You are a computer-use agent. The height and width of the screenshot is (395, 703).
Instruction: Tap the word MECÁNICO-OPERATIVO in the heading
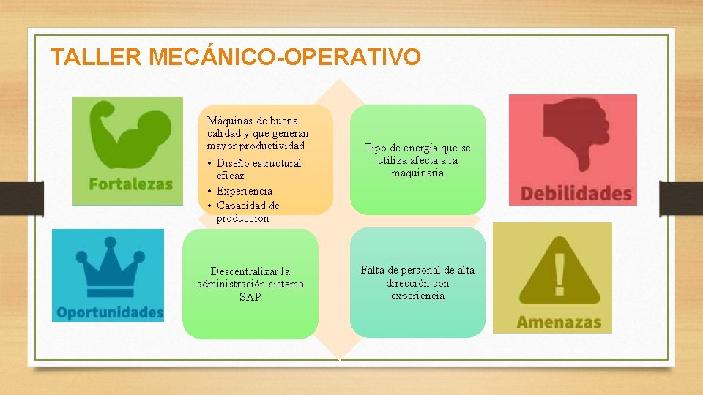pos(285,57)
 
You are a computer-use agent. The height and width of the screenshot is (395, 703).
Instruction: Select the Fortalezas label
pos(131,184)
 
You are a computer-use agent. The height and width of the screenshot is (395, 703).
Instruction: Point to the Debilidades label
pos(576,194)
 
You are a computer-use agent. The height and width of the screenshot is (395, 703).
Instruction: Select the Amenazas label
pos(559,322)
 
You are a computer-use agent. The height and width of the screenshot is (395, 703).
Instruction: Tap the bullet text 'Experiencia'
pos(245,191)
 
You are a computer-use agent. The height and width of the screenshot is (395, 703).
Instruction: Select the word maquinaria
pos(417,173)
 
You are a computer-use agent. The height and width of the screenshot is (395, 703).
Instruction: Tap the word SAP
pos(250,296)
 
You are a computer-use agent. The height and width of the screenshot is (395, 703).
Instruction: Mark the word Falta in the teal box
pos(373,270)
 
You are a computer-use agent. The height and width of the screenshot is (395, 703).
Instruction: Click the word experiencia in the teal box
pos(417,296)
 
